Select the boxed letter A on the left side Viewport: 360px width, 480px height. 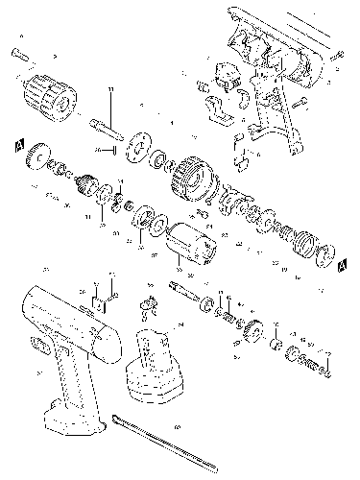(16, 144)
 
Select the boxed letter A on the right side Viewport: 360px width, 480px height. (343, 260)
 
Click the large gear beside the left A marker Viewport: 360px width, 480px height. (40, 156)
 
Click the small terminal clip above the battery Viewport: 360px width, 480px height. (146, 304)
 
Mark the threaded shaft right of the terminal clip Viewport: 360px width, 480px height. (183, 289)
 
